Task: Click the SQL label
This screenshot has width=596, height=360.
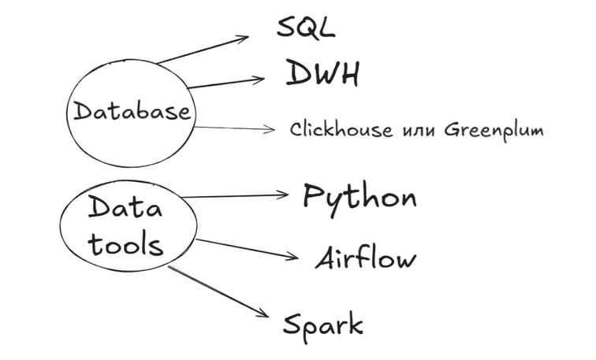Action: pos(306,27)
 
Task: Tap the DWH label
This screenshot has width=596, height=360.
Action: pos(322,73)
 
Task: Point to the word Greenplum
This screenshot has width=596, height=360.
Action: pos(494,129)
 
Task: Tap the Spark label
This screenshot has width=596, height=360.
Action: pos(323,324)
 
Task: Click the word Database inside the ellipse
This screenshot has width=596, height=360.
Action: pos(132,111)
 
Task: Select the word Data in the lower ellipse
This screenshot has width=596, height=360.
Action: pos(125,209)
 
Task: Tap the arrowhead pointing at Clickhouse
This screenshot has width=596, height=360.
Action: pos(270,128)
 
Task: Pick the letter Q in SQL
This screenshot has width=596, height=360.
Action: pos(306,28)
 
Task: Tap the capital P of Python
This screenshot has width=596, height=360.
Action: pos(313,195)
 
